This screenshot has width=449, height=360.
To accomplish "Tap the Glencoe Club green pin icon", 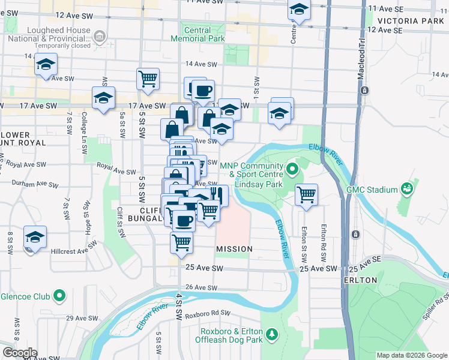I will pyautogui.click(x=59, y=296).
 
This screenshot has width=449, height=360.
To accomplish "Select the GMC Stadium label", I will pyautogui.click(x=372, y=190).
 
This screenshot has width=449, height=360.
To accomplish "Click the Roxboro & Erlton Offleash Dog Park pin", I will pyautogui.click(x=272, y=333).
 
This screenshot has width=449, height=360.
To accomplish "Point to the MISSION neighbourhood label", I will pyautogui.click(x=234, y=248).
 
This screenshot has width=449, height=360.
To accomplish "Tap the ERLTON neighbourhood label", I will pyautogui.click(x=360, y=280).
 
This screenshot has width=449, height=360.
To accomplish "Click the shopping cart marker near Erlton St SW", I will pyautogui.click(x=306, y=194).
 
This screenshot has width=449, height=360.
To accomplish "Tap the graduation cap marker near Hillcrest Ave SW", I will pyautogui.click(x=35, y=237).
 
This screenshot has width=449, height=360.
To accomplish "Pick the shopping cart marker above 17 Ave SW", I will pyautogui.click(x=148, y=79).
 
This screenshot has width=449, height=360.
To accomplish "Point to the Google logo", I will pyautogui.click(x=19, y=353).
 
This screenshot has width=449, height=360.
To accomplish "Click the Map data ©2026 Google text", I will pyautogui.click(x=412, y=355).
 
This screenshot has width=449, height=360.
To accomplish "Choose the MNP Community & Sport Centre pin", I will pyautogui.click(x=292, y=169).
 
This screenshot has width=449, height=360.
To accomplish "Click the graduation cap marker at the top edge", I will pyautogui.click(x=298, y=10).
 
